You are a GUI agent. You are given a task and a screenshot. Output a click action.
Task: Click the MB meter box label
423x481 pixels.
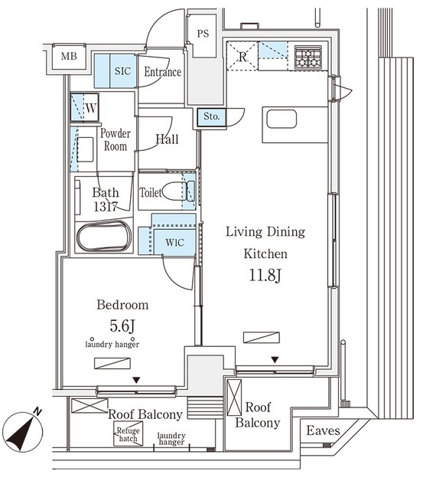coord(69,57)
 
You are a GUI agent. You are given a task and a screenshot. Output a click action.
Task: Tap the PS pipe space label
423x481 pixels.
coord(203,34)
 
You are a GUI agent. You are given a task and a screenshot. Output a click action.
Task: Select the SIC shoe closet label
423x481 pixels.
coord(122,71)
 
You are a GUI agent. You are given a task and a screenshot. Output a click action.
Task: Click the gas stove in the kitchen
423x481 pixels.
coord(308,57)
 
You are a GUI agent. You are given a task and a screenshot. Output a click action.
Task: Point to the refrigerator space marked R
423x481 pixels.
coord(242,56)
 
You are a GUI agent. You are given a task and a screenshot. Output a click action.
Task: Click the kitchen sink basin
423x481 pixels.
coord(281,119)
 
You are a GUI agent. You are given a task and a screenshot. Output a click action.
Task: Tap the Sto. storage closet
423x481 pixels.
coord(211,117)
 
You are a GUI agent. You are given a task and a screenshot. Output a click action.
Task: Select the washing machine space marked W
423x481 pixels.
coord(85,107)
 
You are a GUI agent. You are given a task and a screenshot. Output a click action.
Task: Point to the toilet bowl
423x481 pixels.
coord(173,191)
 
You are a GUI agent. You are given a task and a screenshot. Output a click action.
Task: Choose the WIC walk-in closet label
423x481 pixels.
coord(174,243)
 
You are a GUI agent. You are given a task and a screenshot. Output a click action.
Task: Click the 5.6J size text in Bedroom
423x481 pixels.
coord(122,326)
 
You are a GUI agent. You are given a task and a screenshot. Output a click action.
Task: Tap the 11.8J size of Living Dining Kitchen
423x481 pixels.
coord(265,275)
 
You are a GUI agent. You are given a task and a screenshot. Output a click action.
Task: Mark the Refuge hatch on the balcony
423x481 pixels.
coord(128,434)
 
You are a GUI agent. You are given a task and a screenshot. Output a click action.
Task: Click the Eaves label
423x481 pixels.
coord(323,430)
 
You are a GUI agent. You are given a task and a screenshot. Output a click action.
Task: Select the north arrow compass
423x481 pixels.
coord(24,430)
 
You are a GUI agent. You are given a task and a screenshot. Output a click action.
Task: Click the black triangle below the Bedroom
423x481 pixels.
coord(136,381)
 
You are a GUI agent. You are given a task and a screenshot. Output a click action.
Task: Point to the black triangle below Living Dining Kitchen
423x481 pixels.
coord(275,360)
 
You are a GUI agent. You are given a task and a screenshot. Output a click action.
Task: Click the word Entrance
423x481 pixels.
coord(163,72)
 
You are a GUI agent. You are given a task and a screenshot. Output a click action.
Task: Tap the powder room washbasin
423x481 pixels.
coord(85,149)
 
